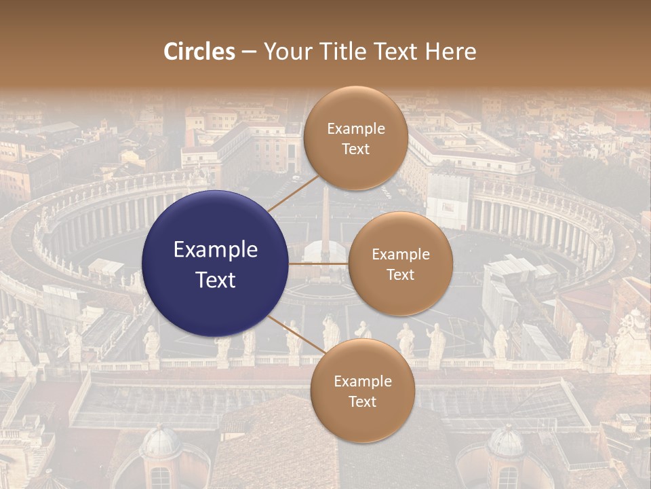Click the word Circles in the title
click(199, 52)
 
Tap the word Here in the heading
click(450, 52)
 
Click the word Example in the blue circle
click(216, 250)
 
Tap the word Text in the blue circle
click(216, 280)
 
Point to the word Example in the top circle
click(355, 129)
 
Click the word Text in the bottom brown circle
click(362, 402)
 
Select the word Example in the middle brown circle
click(400, 255)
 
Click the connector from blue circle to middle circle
click(319, 264)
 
